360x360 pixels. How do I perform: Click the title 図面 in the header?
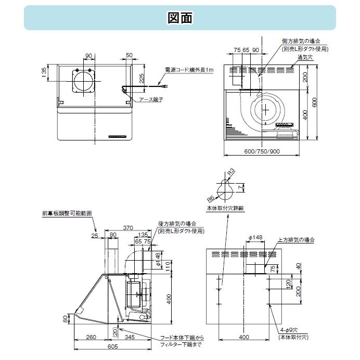(x=180, y=18)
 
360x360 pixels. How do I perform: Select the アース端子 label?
(x=151, y=99)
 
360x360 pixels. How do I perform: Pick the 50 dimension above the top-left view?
(x=129, y=55)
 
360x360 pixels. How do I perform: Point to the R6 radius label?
(x=211, y=198)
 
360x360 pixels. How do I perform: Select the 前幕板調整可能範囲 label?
(x=68, y=213)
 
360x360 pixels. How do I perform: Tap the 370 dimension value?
(x=128, y=228)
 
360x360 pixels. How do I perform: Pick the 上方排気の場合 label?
(x=296, y=240)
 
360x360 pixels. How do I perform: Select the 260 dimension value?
(x=91, y=338)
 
